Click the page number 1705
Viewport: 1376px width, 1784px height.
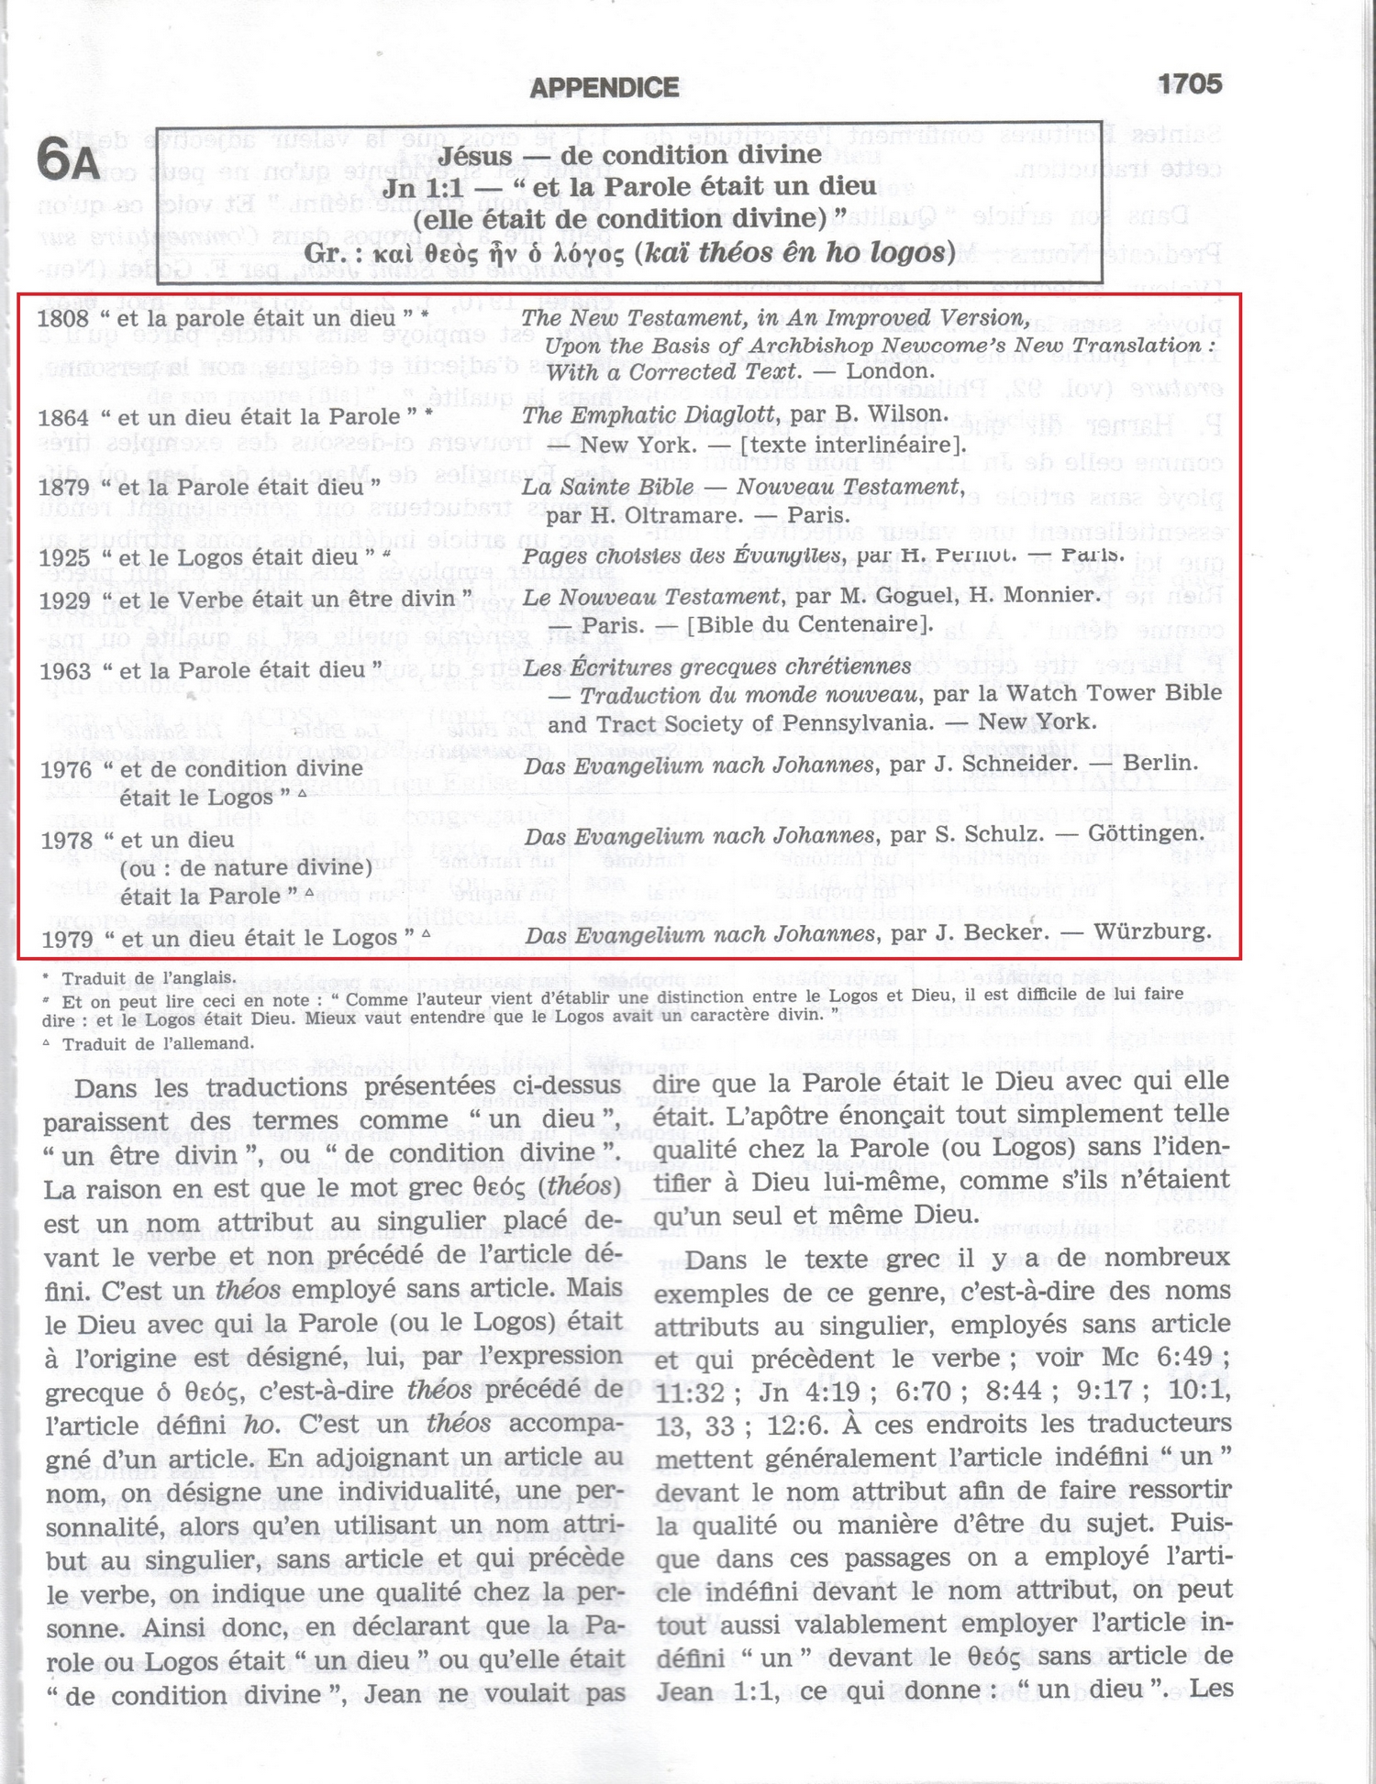click(x=1189, y=84)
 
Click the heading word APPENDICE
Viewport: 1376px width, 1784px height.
click(x=605, y=88)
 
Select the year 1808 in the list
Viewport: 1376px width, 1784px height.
click(x=64, y=318)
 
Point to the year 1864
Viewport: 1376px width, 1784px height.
click(x=64, y=417)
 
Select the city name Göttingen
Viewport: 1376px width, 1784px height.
click(x=1146, y=834)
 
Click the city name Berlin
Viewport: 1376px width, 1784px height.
click(x=1160, y=763)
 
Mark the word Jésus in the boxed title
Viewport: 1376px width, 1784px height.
click(x=474, y=156)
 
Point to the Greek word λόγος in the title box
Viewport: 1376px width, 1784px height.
click(x=584, y=254)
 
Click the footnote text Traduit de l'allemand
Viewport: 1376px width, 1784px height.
click(x=158, y=1043)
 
